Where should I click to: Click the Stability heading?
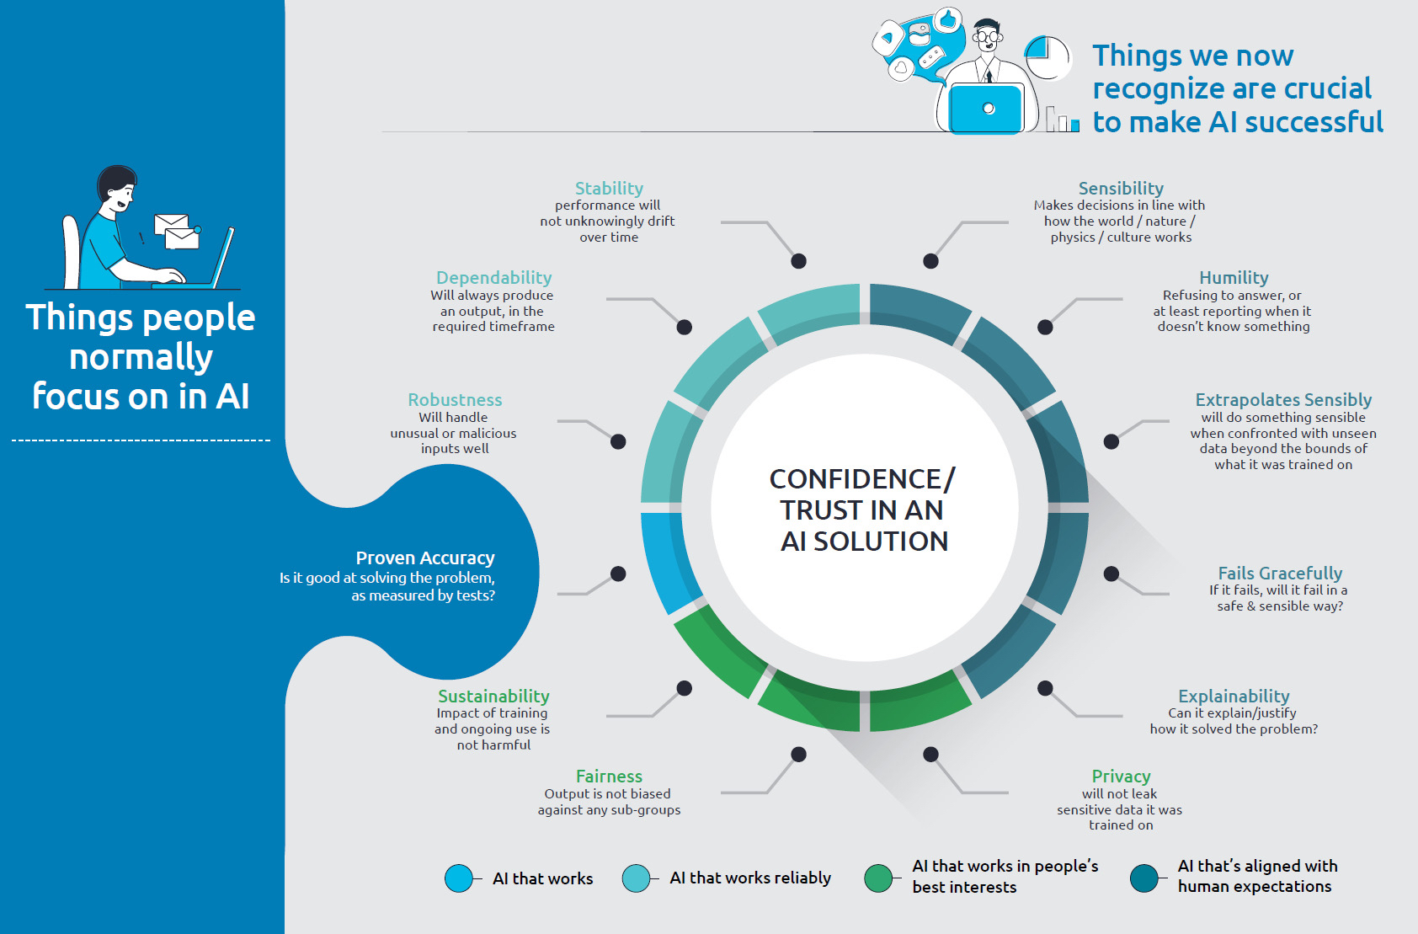[609, 189]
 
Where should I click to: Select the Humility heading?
[1234, 278]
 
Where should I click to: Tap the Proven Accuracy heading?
[425, 558]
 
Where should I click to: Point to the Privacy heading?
[1121, 777]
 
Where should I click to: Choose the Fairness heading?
[609, 777]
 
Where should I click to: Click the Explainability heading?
[1234, 696]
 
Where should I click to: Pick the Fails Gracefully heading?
[1280, 574]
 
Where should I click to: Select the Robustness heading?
[455, 400]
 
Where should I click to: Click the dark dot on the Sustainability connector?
[685, 688]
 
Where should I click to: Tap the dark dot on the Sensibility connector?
[930, 261]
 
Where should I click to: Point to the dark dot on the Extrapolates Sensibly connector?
[1111, 441]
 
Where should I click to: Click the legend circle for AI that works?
[459, 878]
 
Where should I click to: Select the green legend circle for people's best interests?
[878, 878]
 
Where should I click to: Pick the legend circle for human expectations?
[1144, 878]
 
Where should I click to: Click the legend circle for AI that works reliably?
[637, 878]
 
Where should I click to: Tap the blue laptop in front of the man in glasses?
[986, 109]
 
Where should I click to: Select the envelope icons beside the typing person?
[178, 232]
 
